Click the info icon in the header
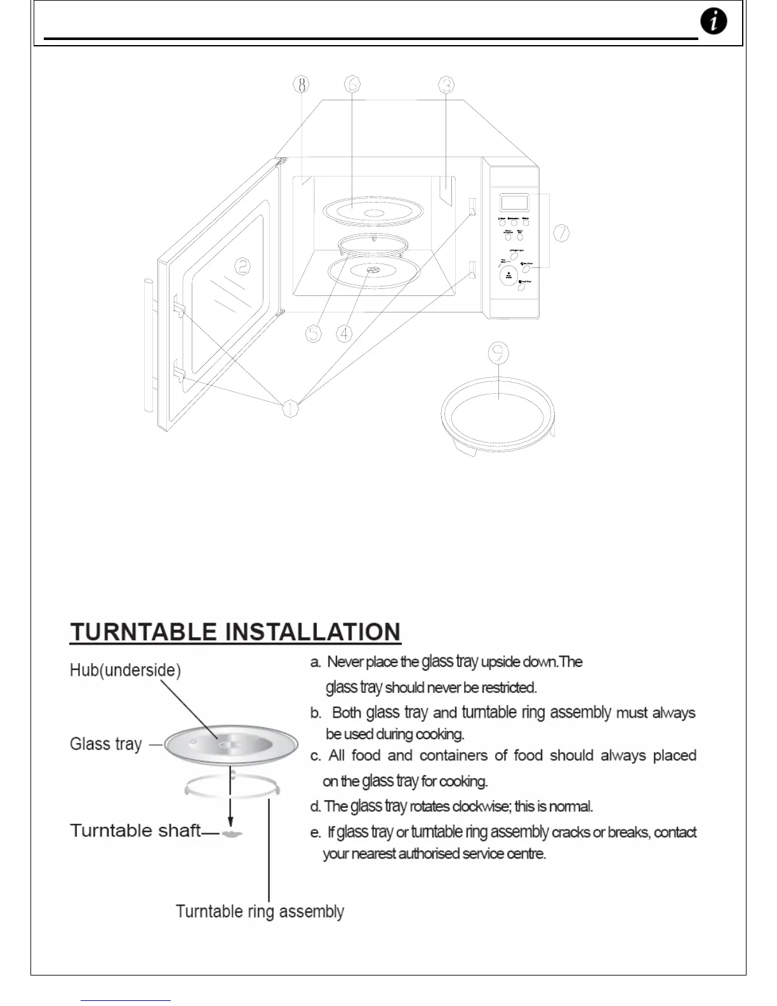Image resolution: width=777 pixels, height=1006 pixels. [x=714, y=22]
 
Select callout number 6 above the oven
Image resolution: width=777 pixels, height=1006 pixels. [x=352, y=84]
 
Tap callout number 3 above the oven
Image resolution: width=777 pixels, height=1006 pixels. [x=446, y=84]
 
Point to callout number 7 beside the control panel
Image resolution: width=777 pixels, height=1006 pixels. [x=561, y=234]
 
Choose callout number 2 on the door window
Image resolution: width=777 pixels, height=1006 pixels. [x=242, y=266]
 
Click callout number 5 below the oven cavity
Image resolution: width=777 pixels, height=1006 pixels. [x=314, y=333]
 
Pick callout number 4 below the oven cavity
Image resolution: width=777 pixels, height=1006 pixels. [x=344, y=333]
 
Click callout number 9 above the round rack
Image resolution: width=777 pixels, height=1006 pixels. [x=500, y=353]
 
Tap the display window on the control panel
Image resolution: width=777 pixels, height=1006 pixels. [x=514, y=203]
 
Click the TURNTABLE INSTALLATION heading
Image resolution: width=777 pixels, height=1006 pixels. [x=236, y=633]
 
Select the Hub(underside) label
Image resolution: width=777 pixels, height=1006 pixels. [x=125, y=670]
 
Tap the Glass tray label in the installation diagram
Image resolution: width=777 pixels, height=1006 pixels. [x=105, y=744]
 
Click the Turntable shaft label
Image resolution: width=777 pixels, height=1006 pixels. [x=135, y=831]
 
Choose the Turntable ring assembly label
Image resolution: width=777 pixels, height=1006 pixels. [x=260, y=912]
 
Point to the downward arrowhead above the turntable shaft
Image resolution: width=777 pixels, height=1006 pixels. [x=231, y=821]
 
